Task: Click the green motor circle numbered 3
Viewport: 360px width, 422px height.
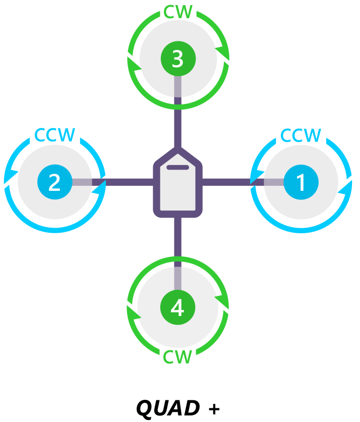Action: pyautogui.click(x=177, y=59)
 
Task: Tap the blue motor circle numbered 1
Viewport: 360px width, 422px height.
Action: pyautogui.click(x=301, y=182)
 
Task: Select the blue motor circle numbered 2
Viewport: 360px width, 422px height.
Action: pyautogui.click(x=54, y=182)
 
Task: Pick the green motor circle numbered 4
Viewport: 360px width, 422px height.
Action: pyautogui.click(x=177, y=307)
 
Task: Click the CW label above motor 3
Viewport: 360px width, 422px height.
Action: pyautogui.click(x=178, y=12)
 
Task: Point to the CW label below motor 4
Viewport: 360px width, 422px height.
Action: pyautogui.click(x=177, y=357)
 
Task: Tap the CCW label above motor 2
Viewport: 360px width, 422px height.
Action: pyautogui.click(x=54, y=135)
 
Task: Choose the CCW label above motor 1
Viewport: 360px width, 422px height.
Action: pyautogui.click(x=301, y=135)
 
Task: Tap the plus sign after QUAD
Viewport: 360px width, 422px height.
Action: pyautogui.click(x=214, y=408)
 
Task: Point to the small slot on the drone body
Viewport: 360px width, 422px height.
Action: pyautogui.click(x=177, y=167)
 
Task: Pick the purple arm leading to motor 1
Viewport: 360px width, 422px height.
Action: pyautogui.click(x=227, y=182)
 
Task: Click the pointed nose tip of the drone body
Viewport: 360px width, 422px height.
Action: pyautogui.click(x=177, y=150)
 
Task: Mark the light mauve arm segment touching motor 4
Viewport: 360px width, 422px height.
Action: pyautogui.click(x=177, y=278)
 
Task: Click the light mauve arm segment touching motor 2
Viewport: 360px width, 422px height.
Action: pyautogui.click(x=82, y=182)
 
